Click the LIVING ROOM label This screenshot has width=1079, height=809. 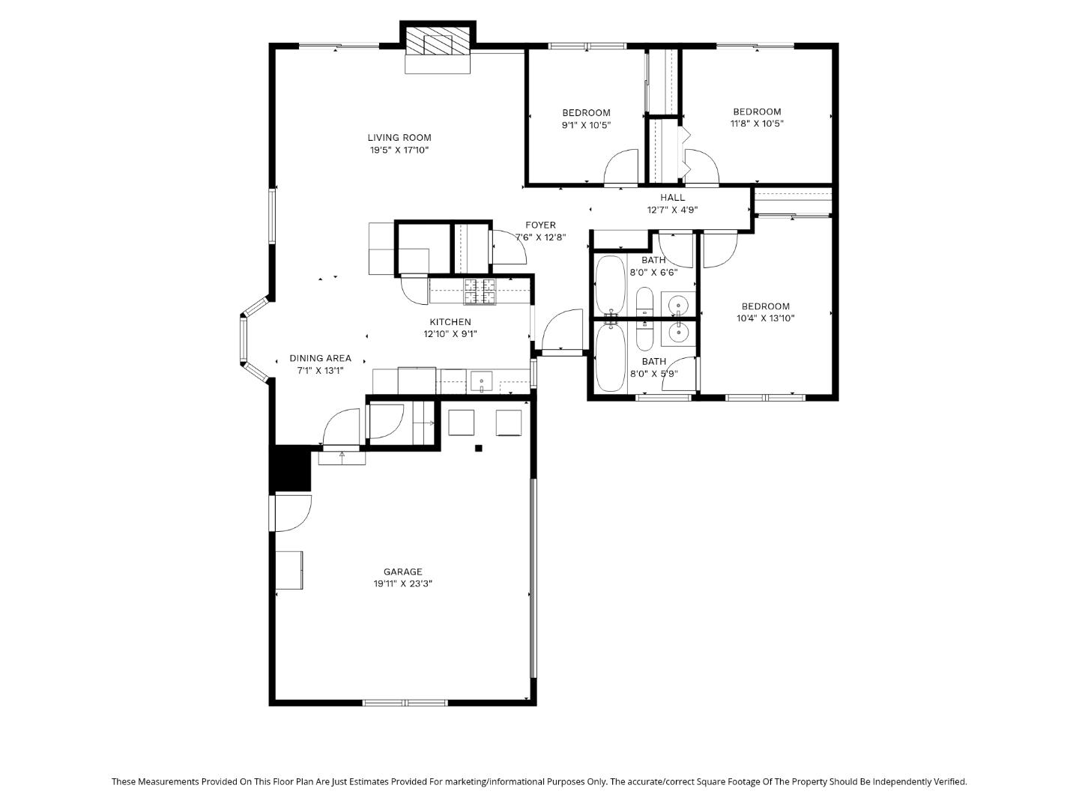pyautogui.click(x=399, y=137)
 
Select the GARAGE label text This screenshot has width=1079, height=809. pyautogui.click(x=403, y=572)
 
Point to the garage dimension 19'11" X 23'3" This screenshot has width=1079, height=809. pyautogui.click(x=403, y=584)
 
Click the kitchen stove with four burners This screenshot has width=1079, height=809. pyautogui.click(x=480, y=291)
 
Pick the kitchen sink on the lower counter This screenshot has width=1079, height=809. pyautogui.click(x=480, y=382)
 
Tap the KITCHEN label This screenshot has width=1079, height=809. pyautogui.click(x=450, y=322)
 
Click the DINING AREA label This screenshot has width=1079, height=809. pyautogui.click(x=320, y=358)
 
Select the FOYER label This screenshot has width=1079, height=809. pyautogui.click(x=540, y=225)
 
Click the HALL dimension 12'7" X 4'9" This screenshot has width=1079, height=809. pyautogui.click(x=672, y=210)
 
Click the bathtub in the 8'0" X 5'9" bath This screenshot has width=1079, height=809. pyautogui.click(x=611, y=357)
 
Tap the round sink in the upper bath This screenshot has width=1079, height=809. pyautogui.click(x=678, y=305)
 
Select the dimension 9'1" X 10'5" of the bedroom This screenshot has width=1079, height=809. pyautogui.click(x=586, y=125)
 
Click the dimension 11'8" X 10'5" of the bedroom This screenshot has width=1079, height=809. pyautogui.click(x=757, y=124)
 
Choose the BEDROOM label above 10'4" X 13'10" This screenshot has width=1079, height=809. pyautogui.click(x=765, y=306)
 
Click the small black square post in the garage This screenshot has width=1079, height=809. pyautogui.click(x=478, y=449)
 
